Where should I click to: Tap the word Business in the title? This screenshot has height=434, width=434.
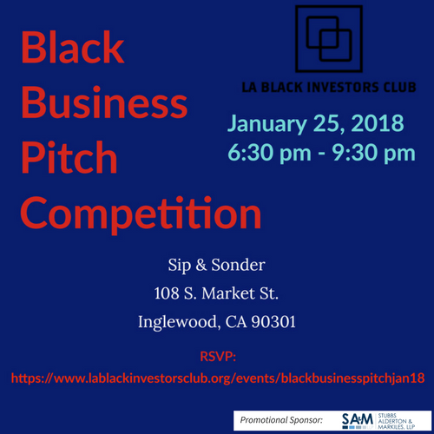click(103, 104)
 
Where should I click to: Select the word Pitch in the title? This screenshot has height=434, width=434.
click(69, 159)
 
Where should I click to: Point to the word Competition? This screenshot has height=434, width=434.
click(141, 213)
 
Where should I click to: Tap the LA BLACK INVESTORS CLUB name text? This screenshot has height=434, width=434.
click(328, 87)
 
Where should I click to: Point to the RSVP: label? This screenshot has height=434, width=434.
click(217, 355)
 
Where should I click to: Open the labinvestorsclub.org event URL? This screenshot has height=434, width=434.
click(217, 378)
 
